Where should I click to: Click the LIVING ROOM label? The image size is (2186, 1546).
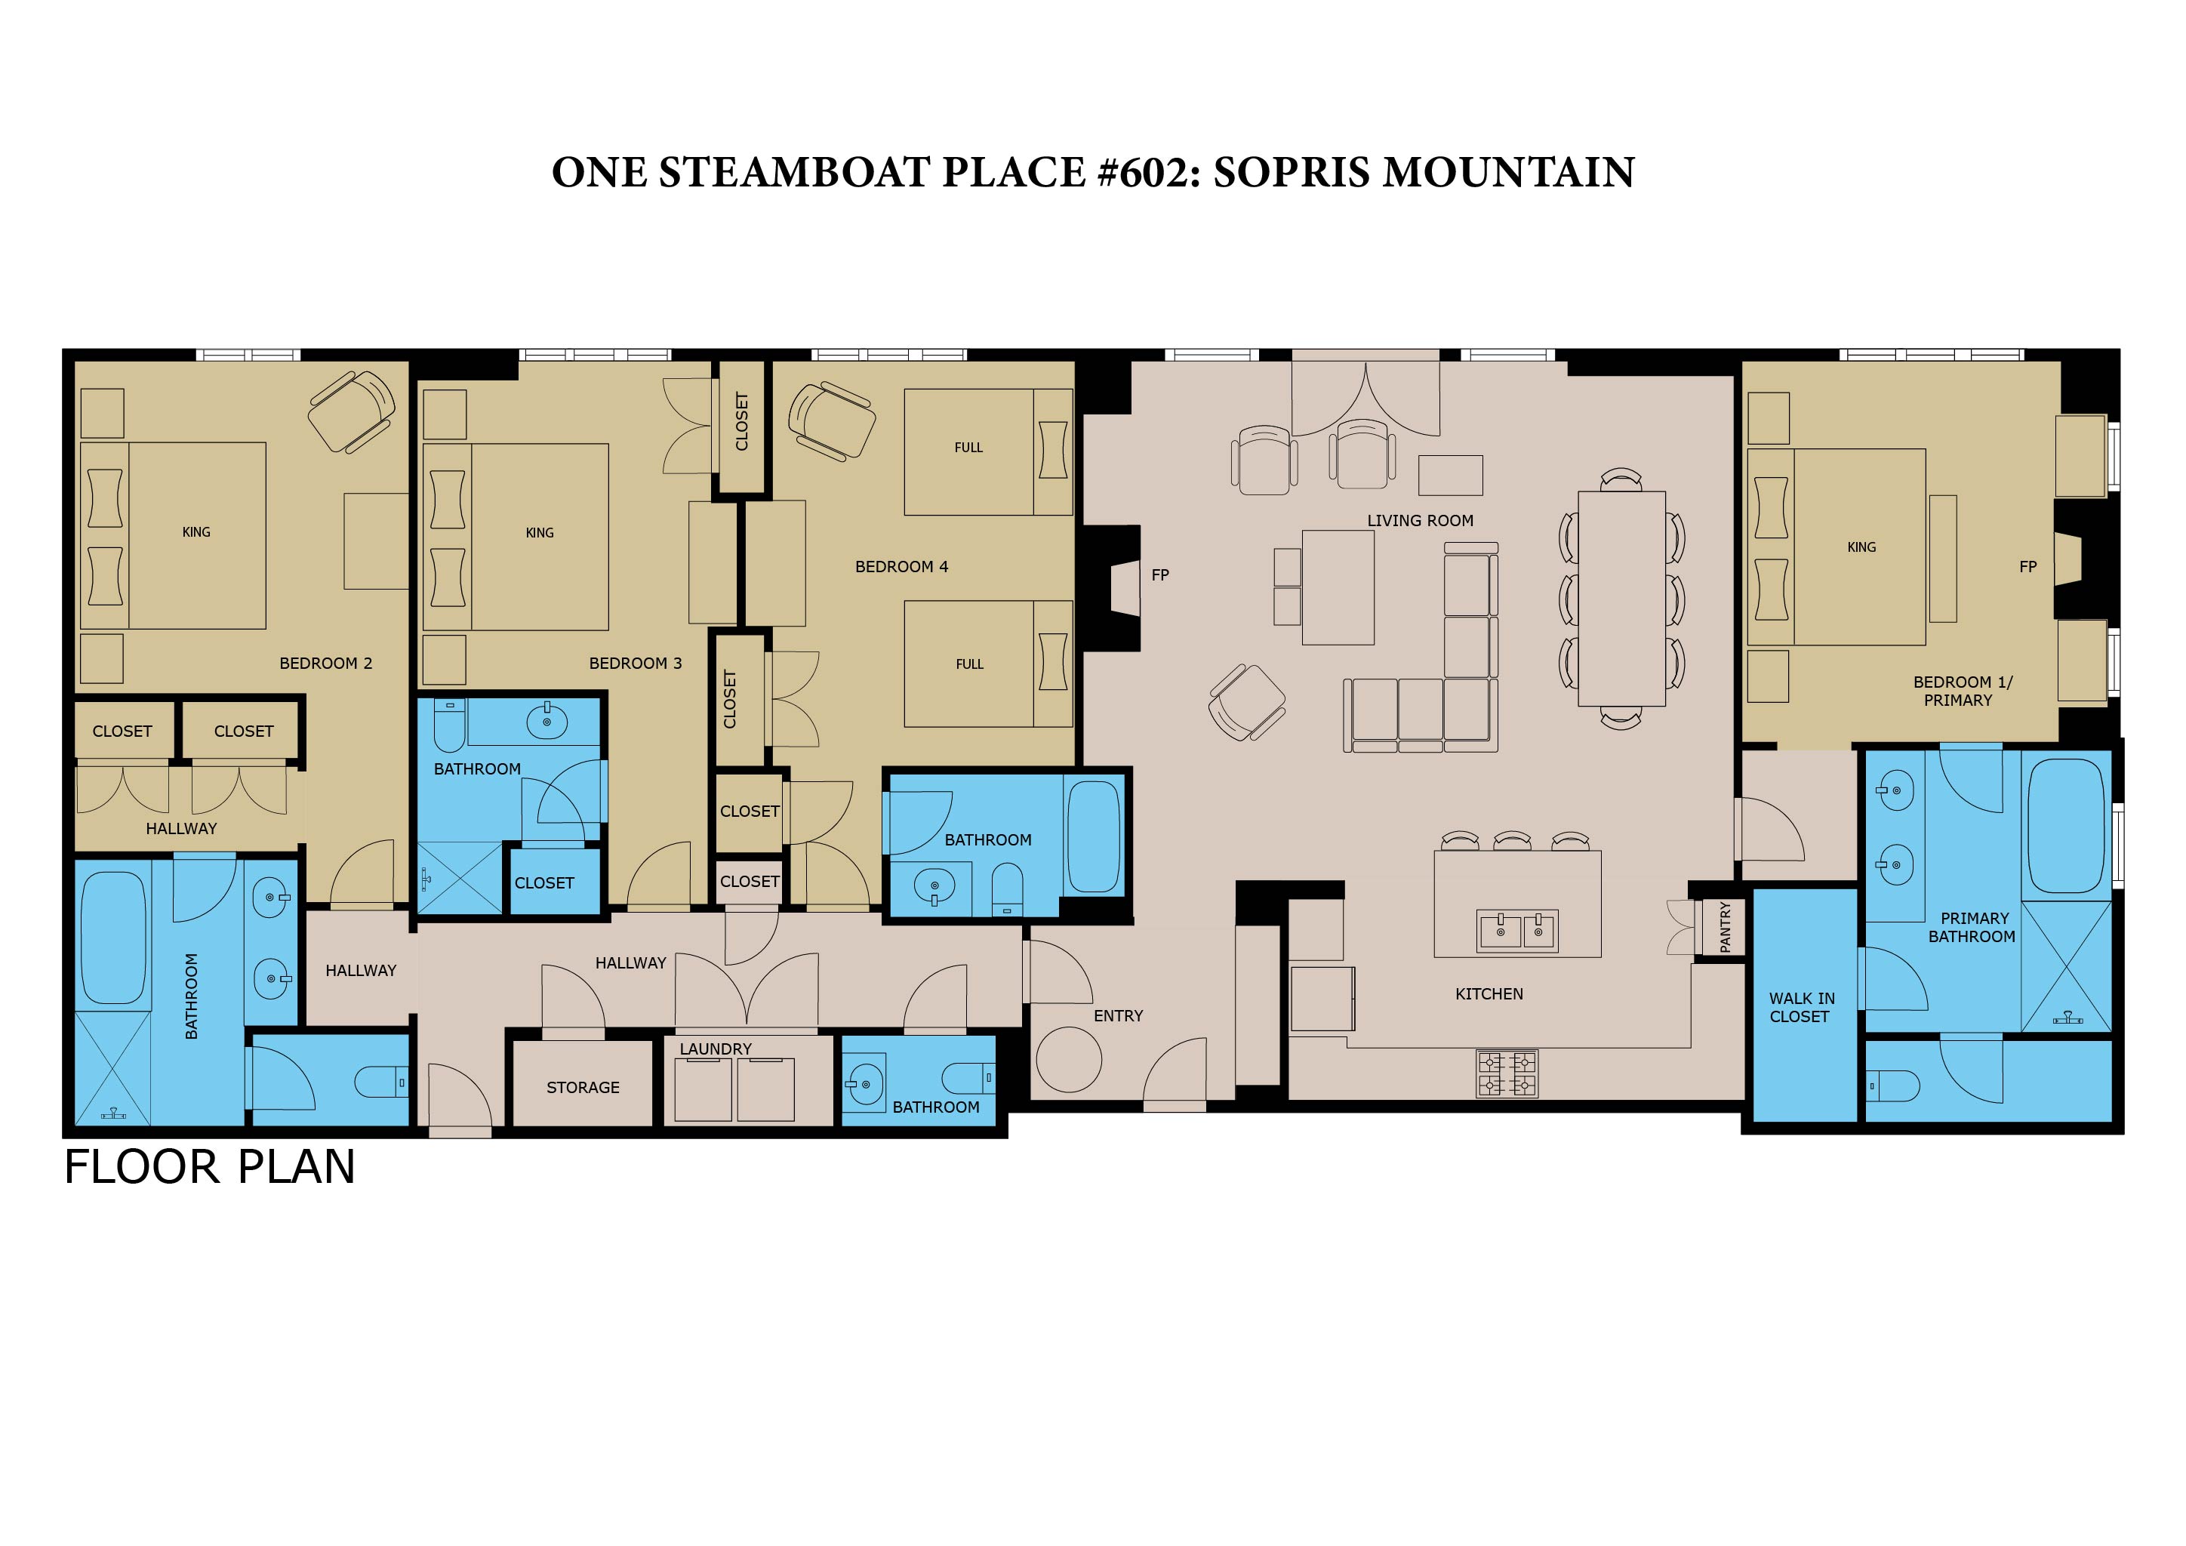tap(1420, 521)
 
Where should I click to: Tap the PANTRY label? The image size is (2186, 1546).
tap(1726, 927)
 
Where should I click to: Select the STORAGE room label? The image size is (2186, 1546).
tap(583, 1087)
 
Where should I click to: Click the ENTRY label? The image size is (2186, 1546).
tap(1118, 1016)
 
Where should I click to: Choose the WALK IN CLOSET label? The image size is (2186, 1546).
tap(1801, 1007)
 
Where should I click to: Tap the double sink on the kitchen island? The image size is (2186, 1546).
tap(1518, 931)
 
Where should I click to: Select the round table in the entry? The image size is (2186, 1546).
tap(1068, 1060)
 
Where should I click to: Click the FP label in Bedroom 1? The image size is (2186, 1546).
tap(2028, 566)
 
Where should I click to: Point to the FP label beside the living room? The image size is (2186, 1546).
tap(1159, 575)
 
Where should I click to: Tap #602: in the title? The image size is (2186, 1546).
tap(1148, 172)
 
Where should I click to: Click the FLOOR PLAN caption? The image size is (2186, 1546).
tap(209, 1167)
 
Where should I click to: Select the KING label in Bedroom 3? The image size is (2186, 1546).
tap(540, 533)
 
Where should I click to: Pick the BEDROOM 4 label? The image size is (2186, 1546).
tap(901, 566)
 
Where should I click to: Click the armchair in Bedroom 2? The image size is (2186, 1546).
tap(351, 411)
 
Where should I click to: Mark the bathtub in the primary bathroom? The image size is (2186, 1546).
tap(2066, 825)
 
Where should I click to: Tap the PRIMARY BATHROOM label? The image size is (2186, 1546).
tap(1972, 927)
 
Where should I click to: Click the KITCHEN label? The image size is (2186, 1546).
tap(1489, 994)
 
